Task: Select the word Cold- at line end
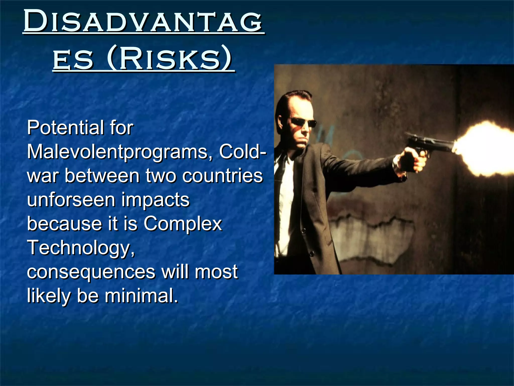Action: (x=242, y=152)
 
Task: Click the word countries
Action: (x=222, y=176)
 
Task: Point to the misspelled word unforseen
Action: (x=71, y=200)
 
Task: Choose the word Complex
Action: (x=183, y=224)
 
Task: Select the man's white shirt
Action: (x=286, y=201)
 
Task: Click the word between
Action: (x=102, y=176)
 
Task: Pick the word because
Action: (x=64, y=224)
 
